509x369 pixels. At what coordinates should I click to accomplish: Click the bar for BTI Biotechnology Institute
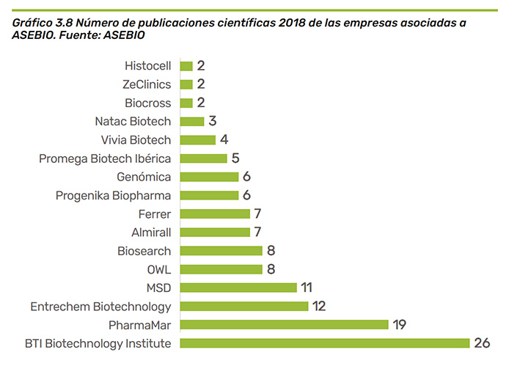point(324,343)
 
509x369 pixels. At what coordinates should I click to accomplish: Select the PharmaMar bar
point(284,324)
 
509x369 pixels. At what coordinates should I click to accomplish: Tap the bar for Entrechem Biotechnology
point(243,306)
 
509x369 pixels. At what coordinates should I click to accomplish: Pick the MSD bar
point(238,288)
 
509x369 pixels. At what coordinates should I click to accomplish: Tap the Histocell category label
point(147,66)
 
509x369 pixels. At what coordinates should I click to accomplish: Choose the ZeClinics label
point(147,84)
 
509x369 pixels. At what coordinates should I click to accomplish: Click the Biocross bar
point(186,103)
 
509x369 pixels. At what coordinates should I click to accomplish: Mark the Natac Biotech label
point(133,121)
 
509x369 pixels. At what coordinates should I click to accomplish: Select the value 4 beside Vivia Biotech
point(224,139)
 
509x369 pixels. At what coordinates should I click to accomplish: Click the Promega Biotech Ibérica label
point(105,158)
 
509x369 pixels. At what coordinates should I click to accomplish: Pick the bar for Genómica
point(209,177)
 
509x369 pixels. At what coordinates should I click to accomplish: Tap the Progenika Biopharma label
point(113,195)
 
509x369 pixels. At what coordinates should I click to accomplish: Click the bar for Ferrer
point(215,213)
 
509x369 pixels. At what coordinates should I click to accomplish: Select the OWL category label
point(159,269)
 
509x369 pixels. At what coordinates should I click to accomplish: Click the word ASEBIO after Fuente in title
point(123,34)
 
